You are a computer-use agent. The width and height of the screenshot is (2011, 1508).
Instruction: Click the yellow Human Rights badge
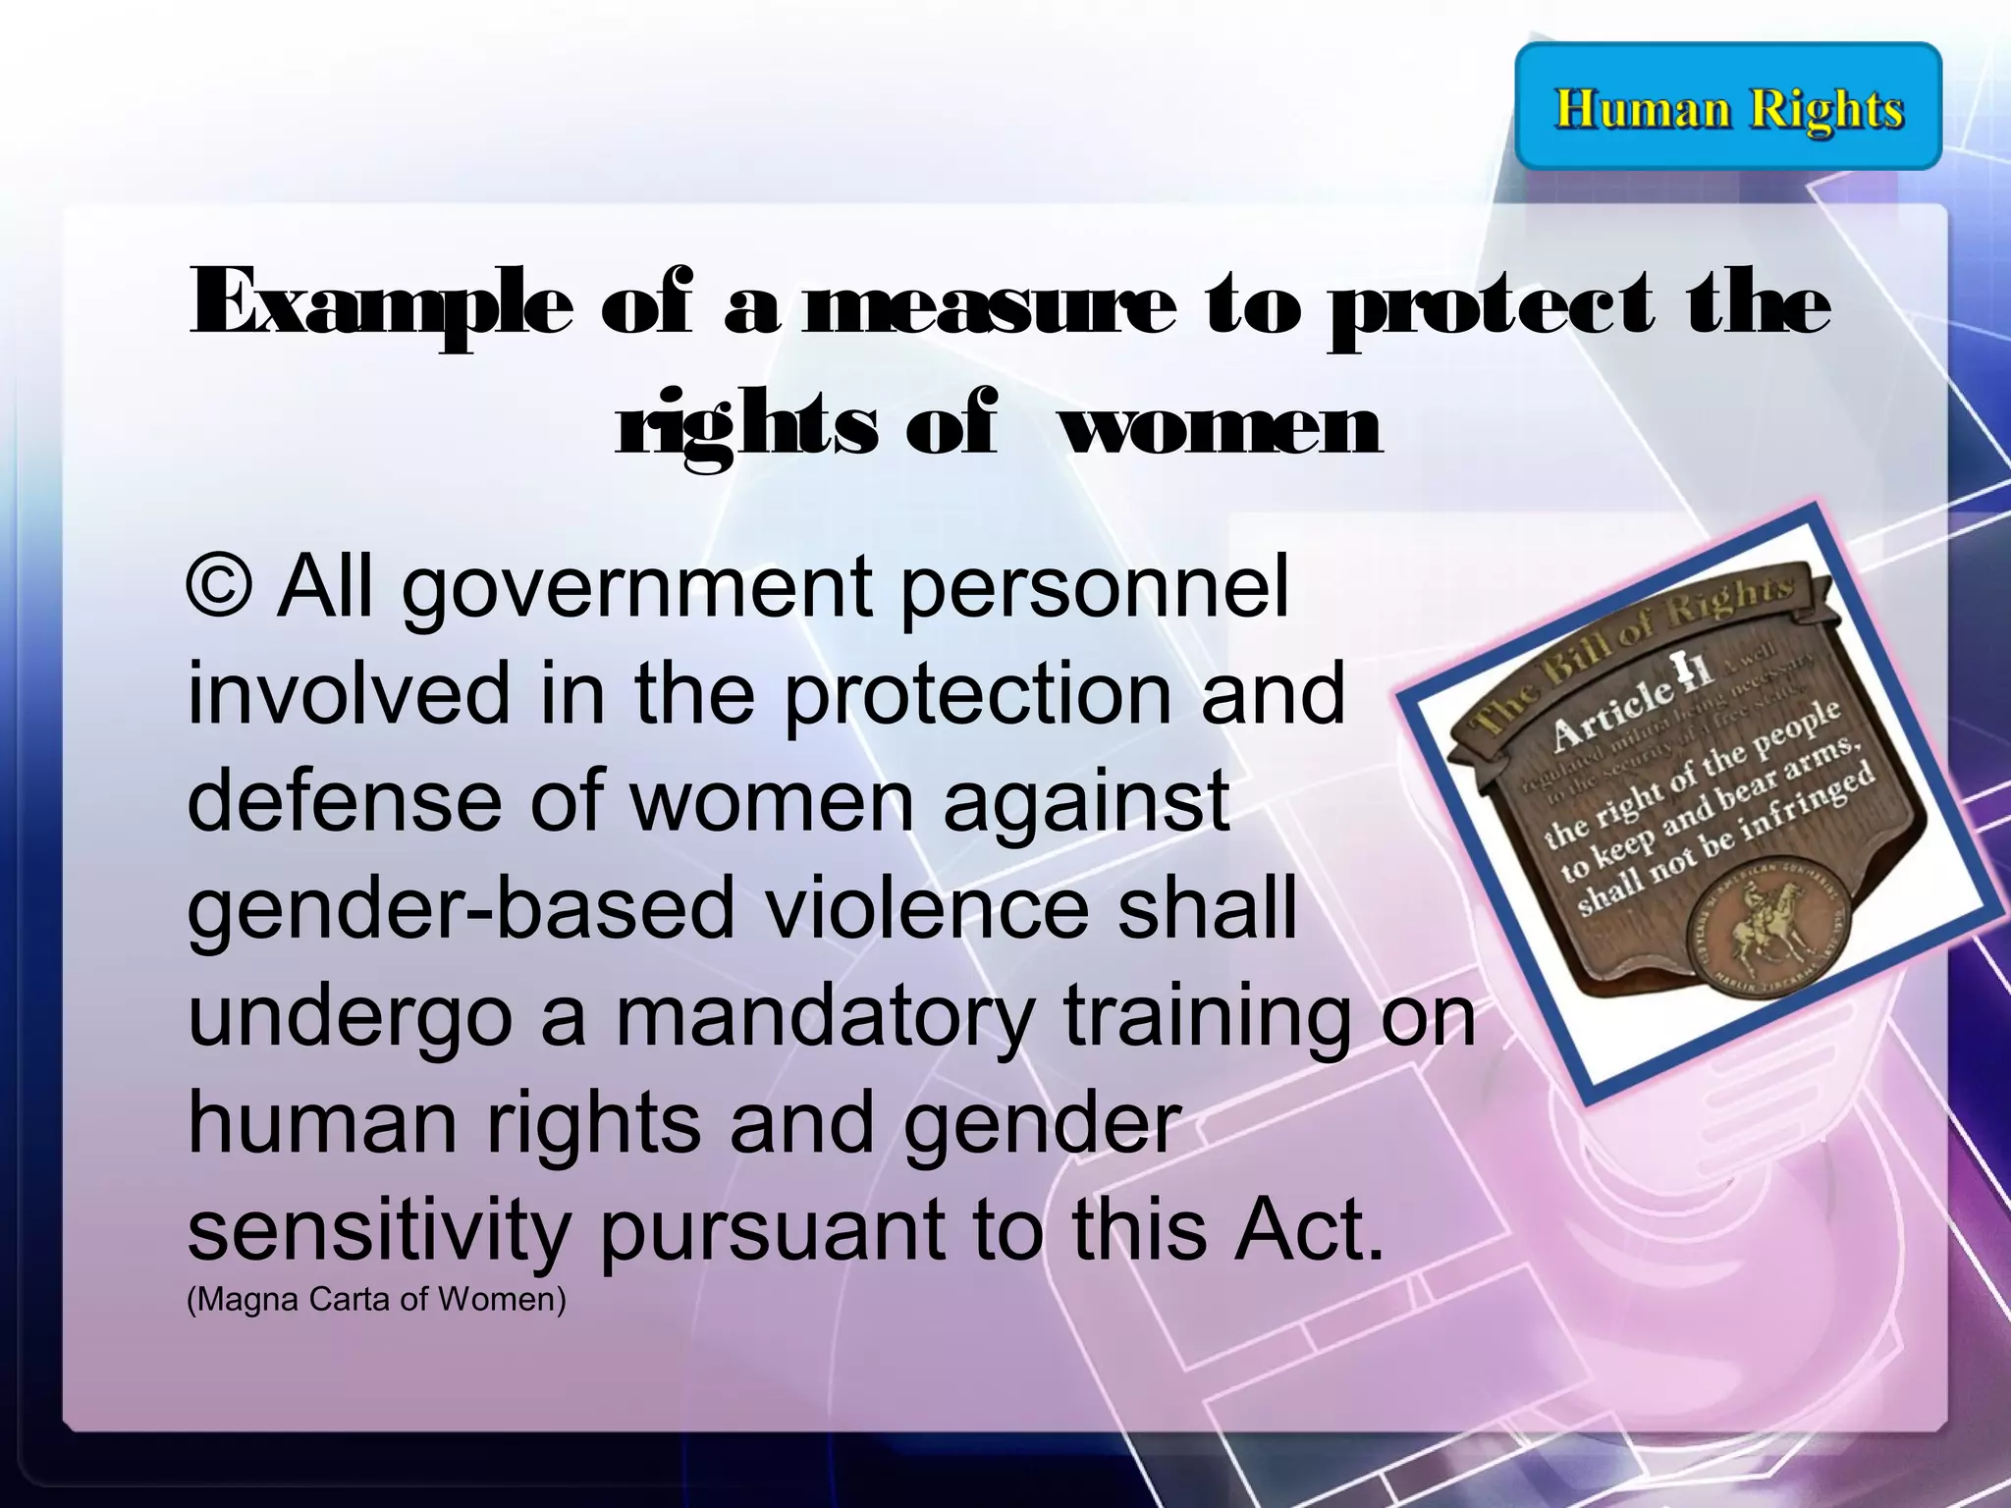1728,107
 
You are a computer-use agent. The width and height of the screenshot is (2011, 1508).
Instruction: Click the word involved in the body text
349,692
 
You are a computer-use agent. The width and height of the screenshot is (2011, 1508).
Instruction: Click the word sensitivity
378,1231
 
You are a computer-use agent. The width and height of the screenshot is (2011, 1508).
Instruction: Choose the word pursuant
772,1231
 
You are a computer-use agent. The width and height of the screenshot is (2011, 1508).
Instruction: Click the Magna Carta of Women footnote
376,1299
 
